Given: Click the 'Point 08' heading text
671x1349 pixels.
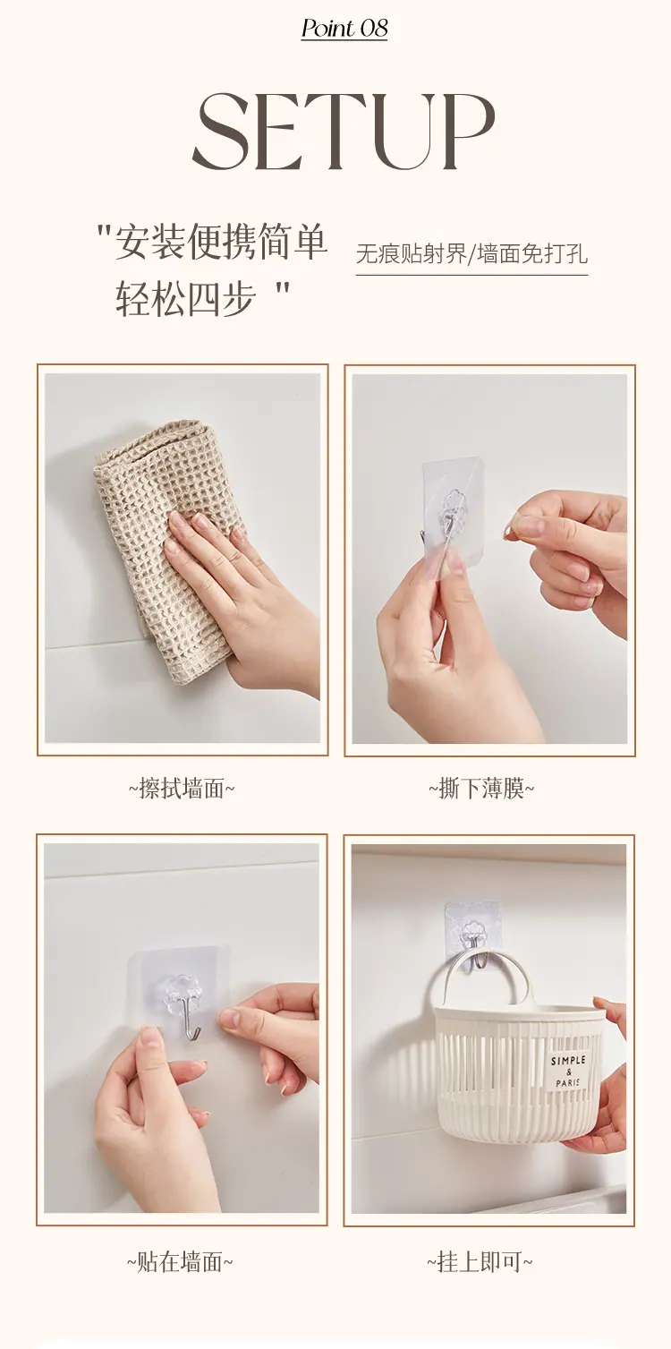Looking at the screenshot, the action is [344, 29].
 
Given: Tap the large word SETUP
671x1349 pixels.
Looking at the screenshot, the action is [344, 132].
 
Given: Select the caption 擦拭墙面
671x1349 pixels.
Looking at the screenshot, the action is [181, 789].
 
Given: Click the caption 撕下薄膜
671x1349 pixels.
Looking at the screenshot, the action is [481, 789].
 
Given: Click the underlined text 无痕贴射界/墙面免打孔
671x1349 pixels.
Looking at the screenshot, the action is [471, 254].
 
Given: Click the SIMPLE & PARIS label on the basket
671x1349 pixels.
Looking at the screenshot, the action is [568, 1071].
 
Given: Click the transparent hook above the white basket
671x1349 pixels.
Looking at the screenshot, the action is [472, 935].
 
